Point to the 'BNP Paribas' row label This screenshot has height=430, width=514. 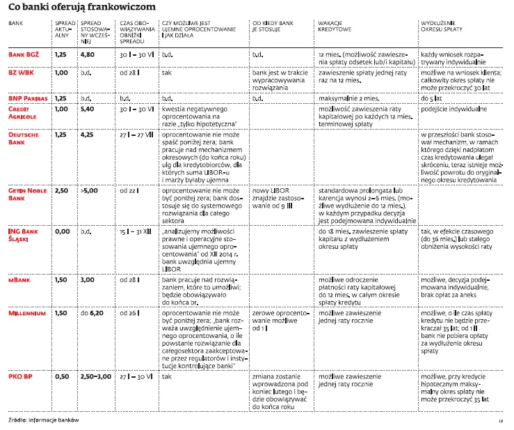pyautogui.click(x=27, y=99)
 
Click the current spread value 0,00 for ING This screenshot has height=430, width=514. pyautogui.click(x=62, y=229)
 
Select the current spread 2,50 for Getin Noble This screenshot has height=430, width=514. pyautogui.click(x=62, y=190)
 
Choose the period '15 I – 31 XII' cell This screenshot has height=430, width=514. pyautogui.click(x=136, y=229)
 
